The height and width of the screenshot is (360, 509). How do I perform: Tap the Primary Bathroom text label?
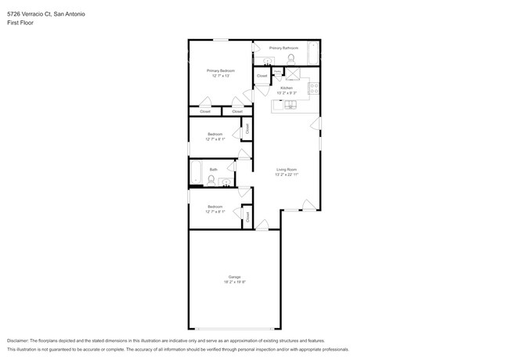click(283, 48)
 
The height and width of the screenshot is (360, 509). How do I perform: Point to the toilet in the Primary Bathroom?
click(291, 58)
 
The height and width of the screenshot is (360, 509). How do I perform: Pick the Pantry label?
click(278, 70)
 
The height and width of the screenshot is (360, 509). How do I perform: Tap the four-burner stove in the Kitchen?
click(313, 88)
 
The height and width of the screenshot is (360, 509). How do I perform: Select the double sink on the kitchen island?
click(289, 104)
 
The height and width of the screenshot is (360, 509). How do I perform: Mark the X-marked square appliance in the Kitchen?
click(294, 74)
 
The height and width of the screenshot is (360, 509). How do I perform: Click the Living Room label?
click(286, 169)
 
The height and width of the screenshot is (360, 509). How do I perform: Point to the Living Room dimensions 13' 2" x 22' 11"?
click(286, 175)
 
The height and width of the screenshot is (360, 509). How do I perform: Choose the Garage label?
click(234, 277)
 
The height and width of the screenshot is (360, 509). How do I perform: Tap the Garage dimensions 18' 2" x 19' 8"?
click(234, 282)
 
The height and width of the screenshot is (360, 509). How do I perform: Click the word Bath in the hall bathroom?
click(213, 169)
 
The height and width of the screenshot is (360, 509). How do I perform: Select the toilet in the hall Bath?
click(211, 179)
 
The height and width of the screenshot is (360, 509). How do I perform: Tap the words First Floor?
click(20, 23)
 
